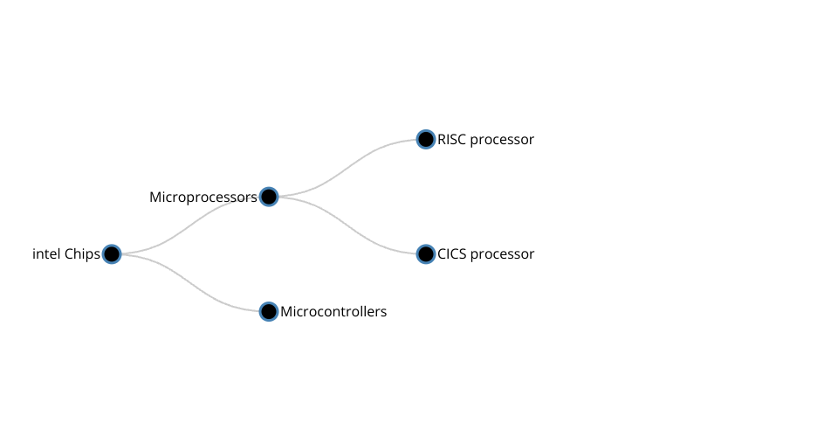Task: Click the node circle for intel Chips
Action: pyautogui.click(x=112, y=254)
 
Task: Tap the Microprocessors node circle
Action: pyautogui.click(x=269, y=197)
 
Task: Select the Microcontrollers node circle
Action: pyautogui.click(x=269, y=312)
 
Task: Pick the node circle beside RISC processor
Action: pyautogui.click(x=426, y=139)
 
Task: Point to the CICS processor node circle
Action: pyautogui.click(x=426, y=254)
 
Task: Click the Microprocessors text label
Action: pyautogui.click(x=203, y=198)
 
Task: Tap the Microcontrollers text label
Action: pyautogui.click(x=333, y=312)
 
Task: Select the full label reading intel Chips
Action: pyautogui.click(x=66, y=254)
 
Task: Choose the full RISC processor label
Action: pyautogui.click(x=485, y=140)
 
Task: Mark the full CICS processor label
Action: pyautogui.click(x=485, y=254)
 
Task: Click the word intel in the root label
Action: pyautogui.click(x=46, y=254)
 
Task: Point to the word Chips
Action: pyautogui.click(x=83, y=254)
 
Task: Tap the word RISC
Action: pyautogui.click(x=452, y=140)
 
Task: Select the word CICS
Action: pyautogui.click(x=452, y=254)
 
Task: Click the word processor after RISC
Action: pyautogui.click(x=502, y=140)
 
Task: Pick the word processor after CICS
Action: pyautogui.click(x=502, y=254)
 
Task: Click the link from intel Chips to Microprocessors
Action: pyautogui.click(x=190, y=225)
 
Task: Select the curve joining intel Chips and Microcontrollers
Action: pyautogui.click(x=190, y=283)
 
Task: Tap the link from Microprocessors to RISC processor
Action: pyautogui.click(x=347, y=168)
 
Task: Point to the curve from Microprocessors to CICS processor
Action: pyautogui.click(x=347, y=225)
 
